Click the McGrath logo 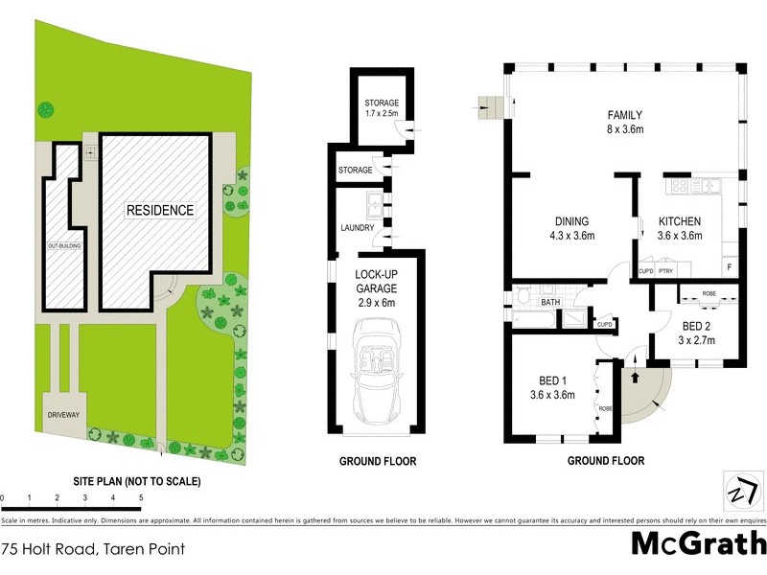pyautogui.click(x=698, y=543)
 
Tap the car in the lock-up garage pyautogui.click(x=375, y=374)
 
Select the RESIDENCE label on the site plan pyautogui.click(x=160, y=210)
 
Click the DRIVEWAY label pyautogui.click(x=58, y=415)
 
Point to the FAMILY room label pyautogui.click(x=624, y=115)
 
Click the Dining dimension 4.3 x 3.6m pyautogui.click(x=571, y=235)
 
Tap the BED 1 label pyautogui.click(x=551, y=379)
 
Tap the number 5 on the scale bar pyautogui.click(x=141, y=498)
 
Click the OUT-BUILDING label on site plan pyautogui.click(x=60, y=246)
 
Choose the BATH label pyautogui.click(x=550, y=302)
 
